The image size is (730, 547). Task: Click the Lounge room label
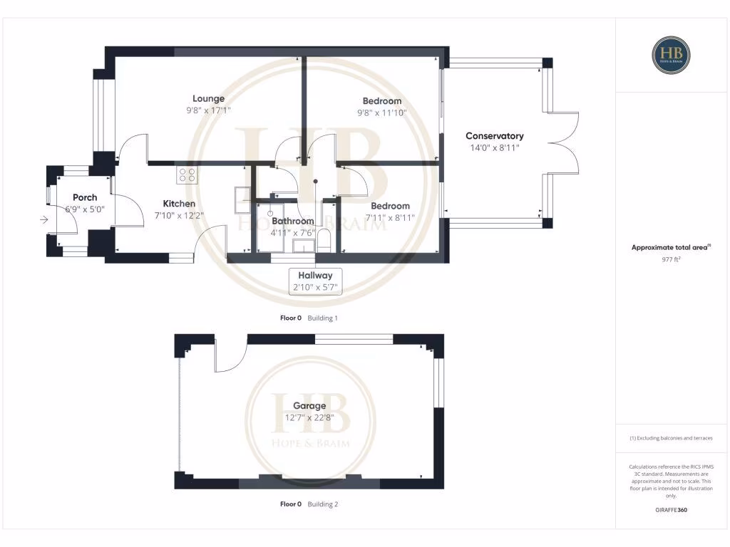(208, 99)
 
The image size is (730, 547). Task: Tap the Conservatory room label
(494, 136)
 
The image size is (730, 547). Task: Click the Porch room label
(85, 197)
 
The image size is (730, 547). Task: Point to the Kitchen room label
(175, 204)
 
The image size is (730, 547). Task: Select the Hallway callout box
(315, 281)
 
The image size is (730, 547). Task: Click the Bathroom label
(292, 221)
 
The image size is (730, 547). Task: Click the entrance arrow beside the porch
(44, 220)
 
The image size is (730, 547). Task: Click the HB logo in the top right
(671, 54)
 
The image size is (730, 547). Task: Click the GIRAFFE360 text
(671, 510)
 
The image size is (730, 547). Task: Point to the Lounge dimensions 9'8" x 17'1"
(208, 110)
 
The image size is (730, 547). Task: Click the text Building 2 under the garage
(322, 504)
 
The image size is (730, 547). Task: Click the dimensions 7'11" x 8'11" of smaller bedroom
(390, 217)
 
